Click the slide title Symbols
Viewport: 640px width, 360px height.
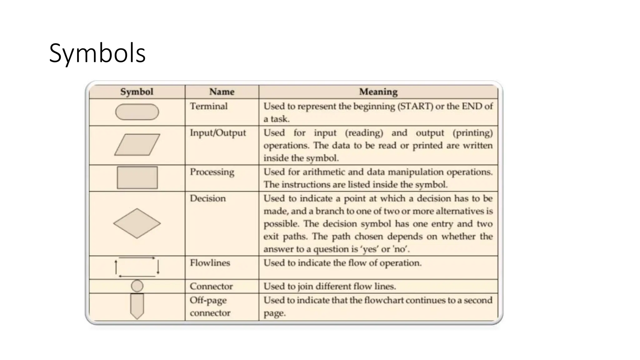click(x=97, y=53)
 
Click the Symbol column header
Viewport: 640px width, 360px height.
click(x=137, y=92)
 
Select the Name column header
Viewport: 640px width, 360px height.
click(x=222, y=92)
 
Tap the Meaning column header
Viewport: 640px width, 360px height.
click(x=378, y=92)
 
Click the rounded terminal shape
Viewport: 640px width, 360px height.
click(x=137, y=112)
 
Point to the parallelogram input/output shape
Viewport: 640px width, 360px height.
click(x=137, y=145)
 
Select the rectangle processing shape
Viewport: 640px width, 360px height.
click(x=137, y=177)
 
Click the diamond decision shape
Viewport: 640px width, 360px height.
click(x=137, y=223)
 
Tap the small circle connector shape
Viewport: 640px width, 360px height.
click(x=137, y=286)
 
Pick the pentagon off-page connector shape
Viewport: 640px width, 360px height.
click(x=137, y=306)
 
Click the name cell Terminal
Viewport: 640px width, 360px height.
click(x=209, y=106)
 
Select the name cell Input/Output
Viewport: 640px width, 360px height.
click(x=218, y=133)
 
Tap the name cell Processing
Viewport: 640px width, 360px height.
click(x=212, y=172)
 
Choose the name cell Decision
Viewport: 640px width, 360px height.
click(x=207, y=198)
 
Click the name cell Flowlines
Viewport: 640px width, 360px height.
click(x=210, y=263)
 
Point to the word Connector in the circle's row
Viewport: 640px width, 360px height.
click(x=211, y=286)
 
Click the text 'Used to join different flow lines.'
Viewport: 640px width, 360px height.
click(x=330, y=286)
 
